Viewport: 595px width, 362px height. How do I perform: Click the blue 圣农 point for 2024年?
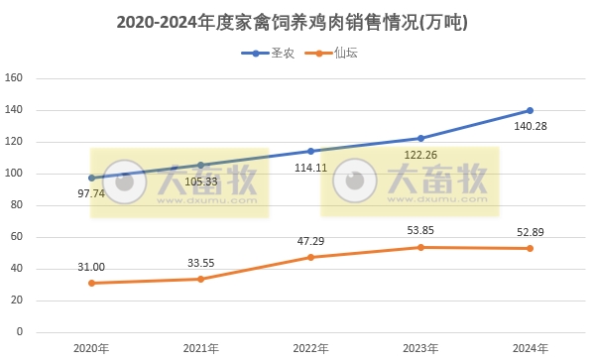click(x=530, y=110)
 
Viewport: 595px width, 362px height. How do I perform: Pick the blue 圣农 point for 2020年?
click(x=91, y=178)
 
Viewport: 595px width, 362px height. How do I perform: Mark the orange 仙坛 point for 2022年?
click(x=310, y=257)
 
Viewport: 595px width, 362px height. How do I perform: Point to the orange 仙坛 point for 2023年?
click(x=420, y=247)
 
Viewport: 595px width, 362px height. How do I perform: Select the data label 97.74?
click(x=90, y=193)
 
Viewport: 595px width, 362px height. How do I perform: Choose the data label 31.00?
click(x=90, y=266)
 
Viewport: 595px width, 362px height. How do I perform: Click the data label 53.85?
click(x=419, y=230)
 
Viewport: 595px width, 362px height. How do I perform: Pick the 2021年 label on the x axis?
click(x=201, y=348)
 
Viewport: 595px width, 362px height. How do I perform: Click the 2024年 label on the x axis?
click(x=530, y=348)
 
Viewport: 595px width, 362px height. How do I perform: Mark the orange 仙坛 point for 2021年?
click(x=200, y=279)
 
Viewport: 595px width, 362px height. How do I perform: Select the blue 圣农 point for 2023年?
click(x=420, y=138)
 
